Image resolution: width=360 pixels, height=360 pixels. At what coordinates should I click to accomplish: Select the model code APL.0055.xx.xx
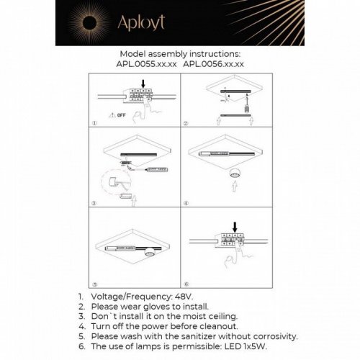(148, 63)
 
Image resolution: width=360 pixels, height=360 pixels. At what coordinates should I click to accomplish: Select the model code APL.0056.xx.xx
(214, 63)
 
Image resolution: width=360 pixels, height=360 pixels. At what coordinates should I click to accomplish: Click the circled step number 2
(186, 122)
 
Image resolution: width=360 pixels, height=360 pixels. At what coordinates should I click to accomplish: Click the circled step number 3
(94, 204)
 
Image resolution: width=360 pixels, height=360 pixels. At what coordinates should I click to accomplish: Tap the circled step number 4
(186, 204)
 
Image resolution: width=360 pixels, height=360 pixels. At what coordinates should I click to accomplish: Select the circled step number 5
(94, 284)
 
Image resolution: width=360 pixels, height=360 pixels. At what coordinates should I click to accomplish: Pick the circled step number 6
(186, 284)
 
